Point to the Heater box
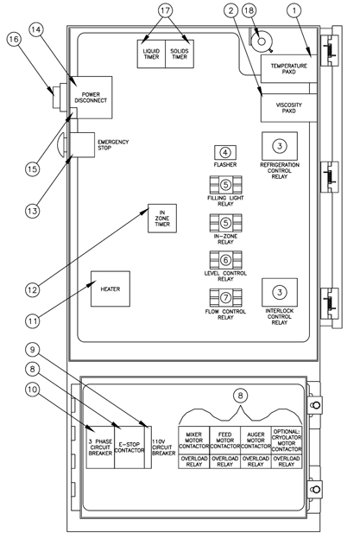point(110,289)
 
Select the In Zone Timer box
point(161,219)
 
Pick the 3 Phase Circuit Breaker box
point(100,447)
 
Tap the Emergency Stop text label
point(113,144)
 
